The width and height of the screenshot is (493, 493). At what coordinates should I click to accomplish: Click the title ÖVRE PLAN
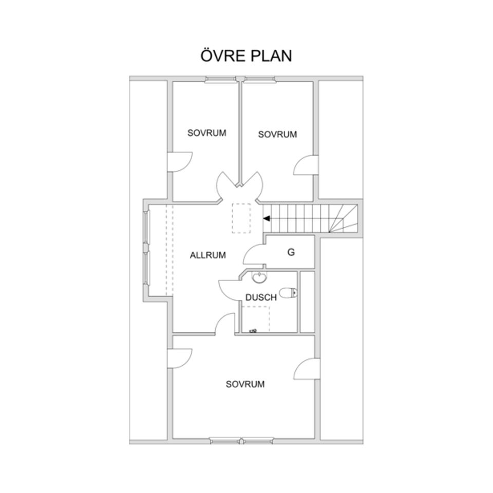coord(246,55)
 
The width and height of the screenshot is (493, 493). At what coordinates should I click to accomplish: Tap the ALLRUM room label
coord(208,255)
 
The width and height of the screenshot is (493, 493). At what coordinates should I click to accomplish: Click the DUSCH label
coord(261,297)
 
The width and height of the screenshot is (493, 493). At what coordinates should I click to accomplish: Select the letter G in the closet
coord(291,252)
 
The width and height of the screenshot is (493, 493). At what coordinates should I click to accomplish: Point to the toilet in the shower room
coord(288,293)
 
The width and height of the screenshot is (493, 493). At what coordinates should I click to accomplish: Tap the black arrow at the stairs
coord(267,219)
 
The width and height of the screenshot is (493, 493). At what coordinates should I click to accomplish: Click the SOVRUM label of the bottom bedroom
coord(245,384)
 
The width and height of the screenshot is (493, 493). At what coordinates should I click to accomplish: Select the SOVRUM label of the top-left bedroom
coord(206,133)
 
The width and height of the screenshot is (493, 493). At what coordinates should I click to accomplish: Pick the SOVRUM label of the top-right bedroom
coord(277,135)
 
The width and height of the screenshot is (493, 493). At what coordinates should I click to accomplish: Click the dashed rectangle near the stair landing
coord(241,218)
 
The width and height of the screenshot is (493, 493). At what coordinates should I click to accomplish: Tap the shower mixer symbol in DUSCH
coord(253,330)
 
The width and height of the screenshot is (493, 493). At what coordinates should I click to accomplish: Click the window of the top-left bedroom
coord(220,79)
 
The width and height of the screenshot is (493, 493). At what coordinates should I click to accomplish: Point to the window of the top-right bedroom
coord(260,79)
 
